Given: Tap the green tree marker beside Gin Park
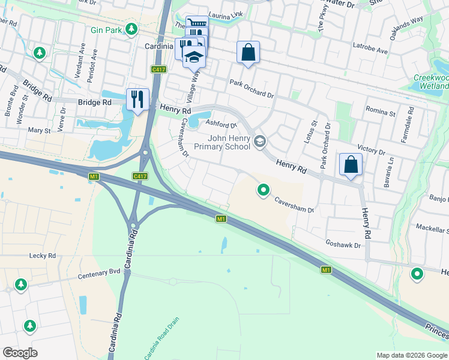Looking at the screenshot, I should tap(131, 29).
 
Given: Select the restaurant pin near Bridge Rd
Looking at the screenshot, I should tap(137, 99).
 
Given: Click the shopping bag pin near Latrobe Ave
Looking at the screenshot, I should tap(248, 52).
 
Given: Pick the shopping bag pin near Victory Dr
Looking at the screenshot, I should tap(351, 164).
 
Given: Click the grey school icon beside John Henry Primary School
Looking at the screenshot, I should tap(260, 142).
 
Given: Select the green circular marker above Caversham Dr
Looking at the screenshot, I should tap(263, 191).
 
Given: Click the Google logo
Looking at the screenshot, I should tap(20, 353).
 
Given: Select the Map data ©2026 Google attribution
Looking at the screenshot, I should tap(411, 355).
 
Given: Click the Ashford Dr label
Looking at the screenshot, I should tap(218, 124).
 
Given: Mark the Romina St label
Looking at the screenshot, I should tap(381, 113).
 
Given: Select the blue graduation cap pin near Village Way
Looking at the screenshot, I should tap(194, 56).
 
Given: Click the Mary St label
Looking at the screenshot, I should tap(39, 130).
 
